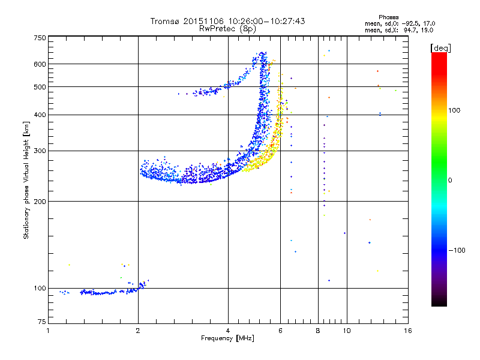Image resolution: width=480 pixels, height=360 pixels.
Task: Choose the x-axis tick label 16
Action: click(407, 331)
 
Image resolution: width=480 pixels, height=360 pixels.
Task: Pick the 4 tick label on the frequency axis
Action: click(228, 331)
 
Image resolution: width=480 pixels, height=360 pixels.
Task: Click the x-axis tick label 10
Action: click(346, 331)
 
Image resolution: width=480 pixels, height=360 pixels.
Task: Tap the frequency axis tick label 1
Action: click(48, 331)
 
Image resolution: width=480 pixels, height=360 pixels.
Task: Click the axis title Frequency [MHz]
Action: click(227, 338)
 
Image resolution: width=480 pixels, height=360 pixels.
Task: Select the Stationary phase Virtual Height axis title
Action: click(26, 180)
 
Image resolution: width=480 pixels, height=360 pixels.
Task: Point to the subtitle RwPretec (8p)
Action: click(227, 28)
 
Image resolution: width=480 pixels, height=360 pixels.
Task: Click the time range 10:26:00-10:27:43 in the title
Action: click(257, 21)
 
